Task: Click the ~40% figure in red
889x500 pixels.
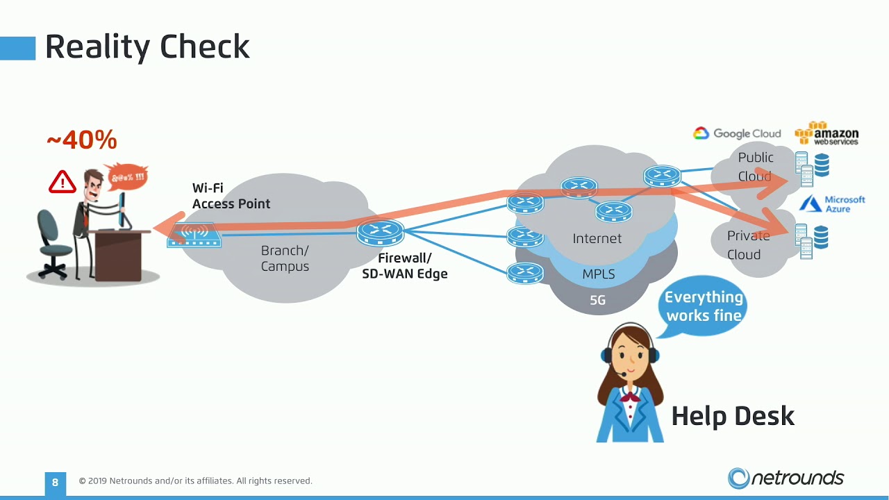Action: [82, 140]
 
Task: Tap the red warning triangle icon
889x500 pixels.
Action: [63, 182]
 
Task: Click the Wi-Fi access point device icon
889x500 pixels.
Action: [194, 235]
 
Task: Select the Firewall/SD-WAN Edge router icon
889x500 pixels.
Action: [380, 232]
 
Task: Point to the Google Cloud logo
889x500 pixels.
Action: [737, 133]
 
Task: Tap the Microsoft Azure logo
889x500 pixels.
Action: [832, 204]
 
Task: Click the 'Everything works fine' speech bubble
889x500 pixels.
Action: [701, 306]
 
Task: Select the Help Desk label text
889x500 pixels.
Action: [733, 416]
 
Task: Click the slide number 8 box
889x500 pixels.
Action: [55, 483]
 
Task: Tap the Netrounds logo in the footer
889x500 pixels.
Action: [786, 478]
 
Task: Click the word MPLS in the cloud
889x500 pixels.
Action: [599, 274]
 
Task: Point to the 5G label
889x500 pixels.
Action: [598, 300]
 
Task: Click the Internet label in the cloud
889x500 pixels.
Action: [597, 238]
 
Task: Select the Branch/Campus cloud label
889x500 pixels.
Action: [285, 258]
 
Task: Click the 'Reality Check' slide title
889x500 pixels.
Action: [147, 47]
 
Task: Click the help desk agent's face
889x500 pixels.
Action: [630, 355]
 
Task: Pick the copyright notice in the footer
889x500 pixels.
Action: [196, 481]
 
